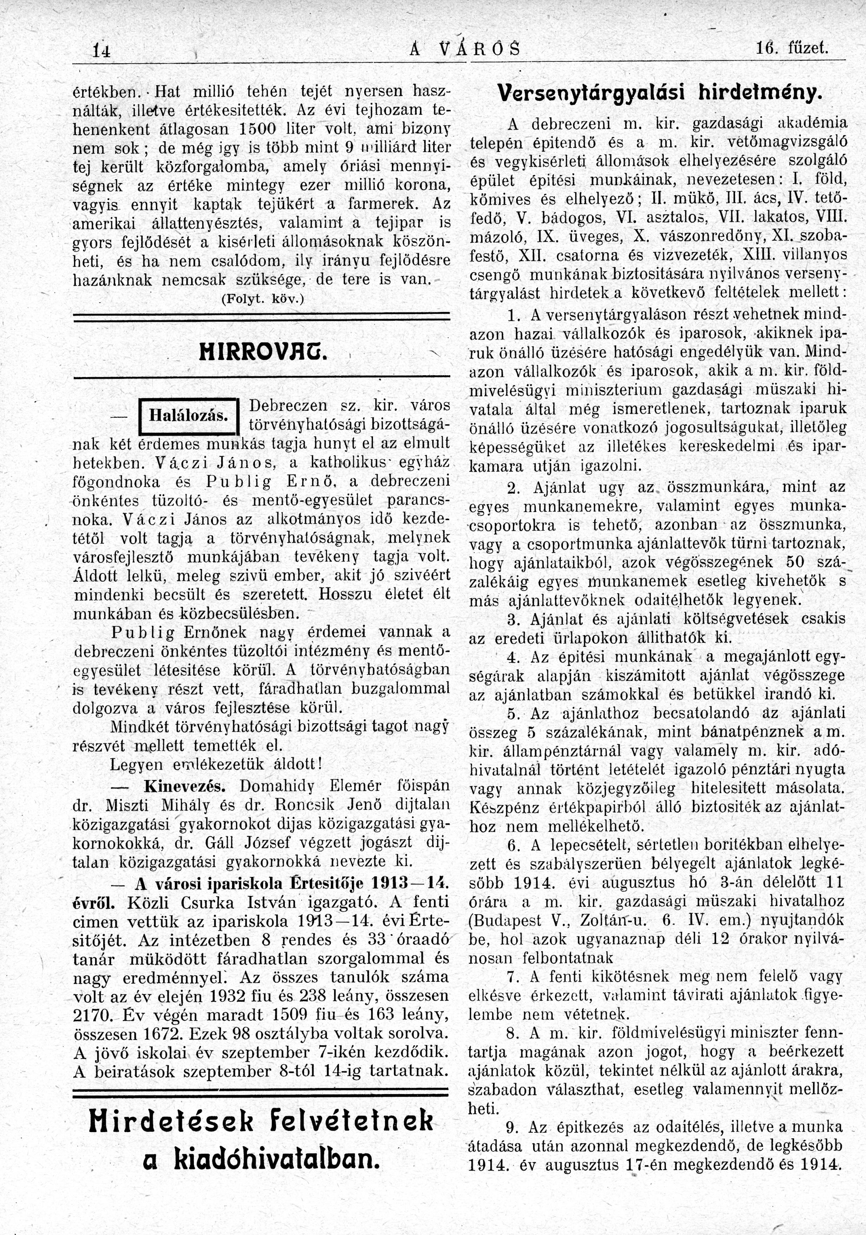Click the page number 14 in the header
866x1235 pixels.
101,52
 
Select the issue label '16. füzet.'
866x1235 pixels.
792,50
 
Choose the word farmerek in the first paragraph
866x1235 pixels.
380,204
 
